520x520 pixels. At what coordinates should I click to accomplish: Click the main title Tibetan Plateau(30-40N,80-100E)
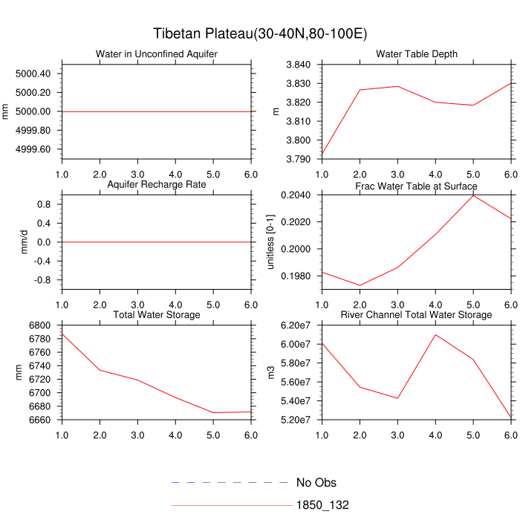pos(260,34)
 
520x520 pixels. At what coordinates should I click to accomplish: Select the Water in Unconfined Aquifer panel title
pos(157,54)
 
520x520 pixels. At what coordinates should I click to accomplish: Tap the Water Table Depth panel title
pos(417,54)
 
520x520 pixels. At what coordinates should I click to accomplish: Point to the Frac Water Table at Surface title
pos(417,185)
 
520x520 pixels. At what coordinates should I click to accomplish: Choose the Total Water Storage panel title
pos(157,315)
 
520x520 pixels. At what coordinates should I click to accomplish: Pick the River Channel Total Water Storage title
pos(417,315)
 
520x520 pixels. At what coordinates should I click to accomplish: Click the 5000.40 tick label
pos(33,74)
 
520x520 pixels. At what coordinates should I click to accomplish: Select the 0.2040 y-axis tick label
pos(296,195)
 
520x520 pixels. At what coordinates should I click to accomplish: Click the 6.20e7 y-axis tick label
pos(296,325)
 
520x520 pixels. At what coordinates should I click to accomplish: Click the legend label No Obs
pos(316,483)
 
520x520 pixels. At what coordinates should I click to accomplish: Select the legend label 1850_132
pos(322,505)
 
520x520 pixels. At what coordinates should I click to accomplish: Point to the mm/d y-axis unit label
pos(25,241)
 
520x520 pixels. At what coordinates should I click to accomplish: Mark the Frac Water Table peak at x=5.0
pos(473,195)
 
